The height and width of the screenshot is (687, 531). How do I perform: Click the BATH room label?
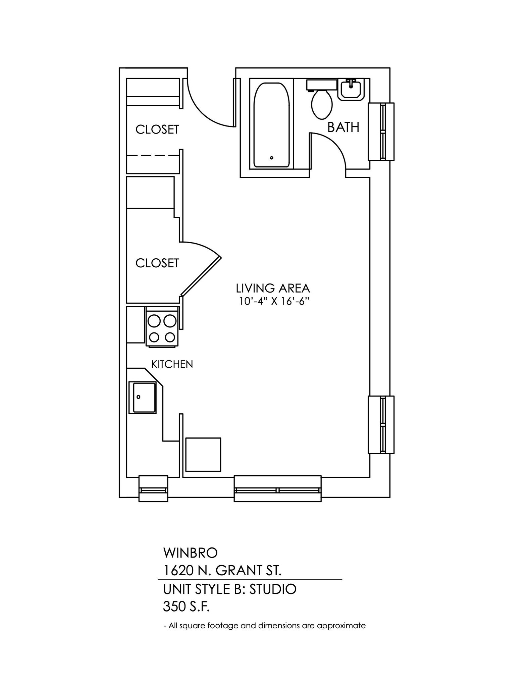pyautogui.click(x=343, y=127)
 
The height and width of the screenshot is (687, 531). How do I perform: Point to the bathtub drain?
pyautogui.click(x=272, y=158)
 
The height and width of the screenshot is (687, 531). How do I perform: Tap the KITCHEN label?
pyautogui.click(x=172, y=364)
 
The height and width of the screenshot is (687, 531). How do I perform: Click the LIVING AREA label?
pyautogui.click(x=273, y=288)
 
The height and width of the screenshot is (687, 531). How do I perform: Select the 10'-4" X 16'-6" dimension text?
pyautogui.click(x=273, y=302)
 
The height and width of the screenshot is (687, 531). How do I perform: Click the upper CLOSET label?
pyautogui.click(x=157, y=129)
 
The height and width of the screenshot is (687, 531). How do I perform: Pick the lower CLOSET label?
pyautogui.click(x=157, y=263)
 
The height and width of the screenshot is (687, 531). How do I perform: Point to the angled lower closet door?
pyautogui.click(x=201, y=276)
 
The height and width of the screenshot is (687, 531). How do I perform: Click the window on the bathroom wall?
pyautogui.click(x=381, y=131)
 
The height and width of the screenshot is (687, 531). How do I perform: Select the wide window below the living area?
pyautogui.click(x=277, y=489)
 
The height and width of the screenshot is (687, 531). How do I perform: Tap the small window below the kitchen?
pyautogui.click(x=153, y=489)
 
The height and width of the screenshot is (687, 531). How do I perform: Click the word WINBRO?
pyautogui.click(x=190, y=553)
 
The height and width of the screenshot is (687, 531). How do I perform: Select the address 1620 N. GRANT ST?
pyautogui.click(x=222, y=570)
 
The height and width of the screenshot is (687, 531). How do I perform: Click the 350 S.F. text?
pyautogui.click(x=186, y=606)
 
